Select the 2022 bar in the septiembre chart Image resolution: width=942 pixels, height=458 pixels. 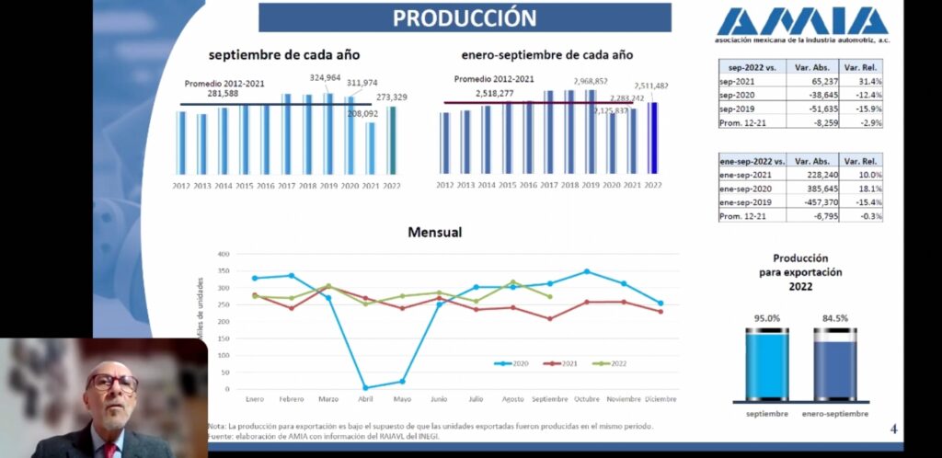coord(391,140)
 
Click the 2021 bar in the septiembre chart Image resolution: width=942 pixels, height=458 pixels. coord(370,148)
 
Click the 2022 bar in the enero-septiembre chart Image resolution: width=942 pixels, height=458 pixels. coord(653,137)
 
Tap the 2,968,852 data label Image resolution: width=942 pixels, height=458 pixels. coord(590,81)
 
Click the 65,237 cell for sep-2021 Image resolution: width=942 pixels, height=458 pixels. coord(812,82)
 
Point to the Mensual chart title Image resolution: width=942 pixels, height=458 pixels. coord(434,234)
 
